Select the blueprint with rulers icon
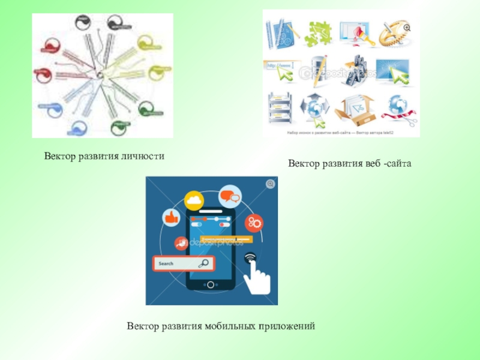click(280, 32)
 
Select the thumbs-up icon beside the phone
click(172, 217)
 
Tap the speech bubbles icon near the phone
click(230, 196)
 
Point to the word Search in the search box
click(167, 263)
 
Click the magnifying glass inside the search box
click(203, 263)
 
